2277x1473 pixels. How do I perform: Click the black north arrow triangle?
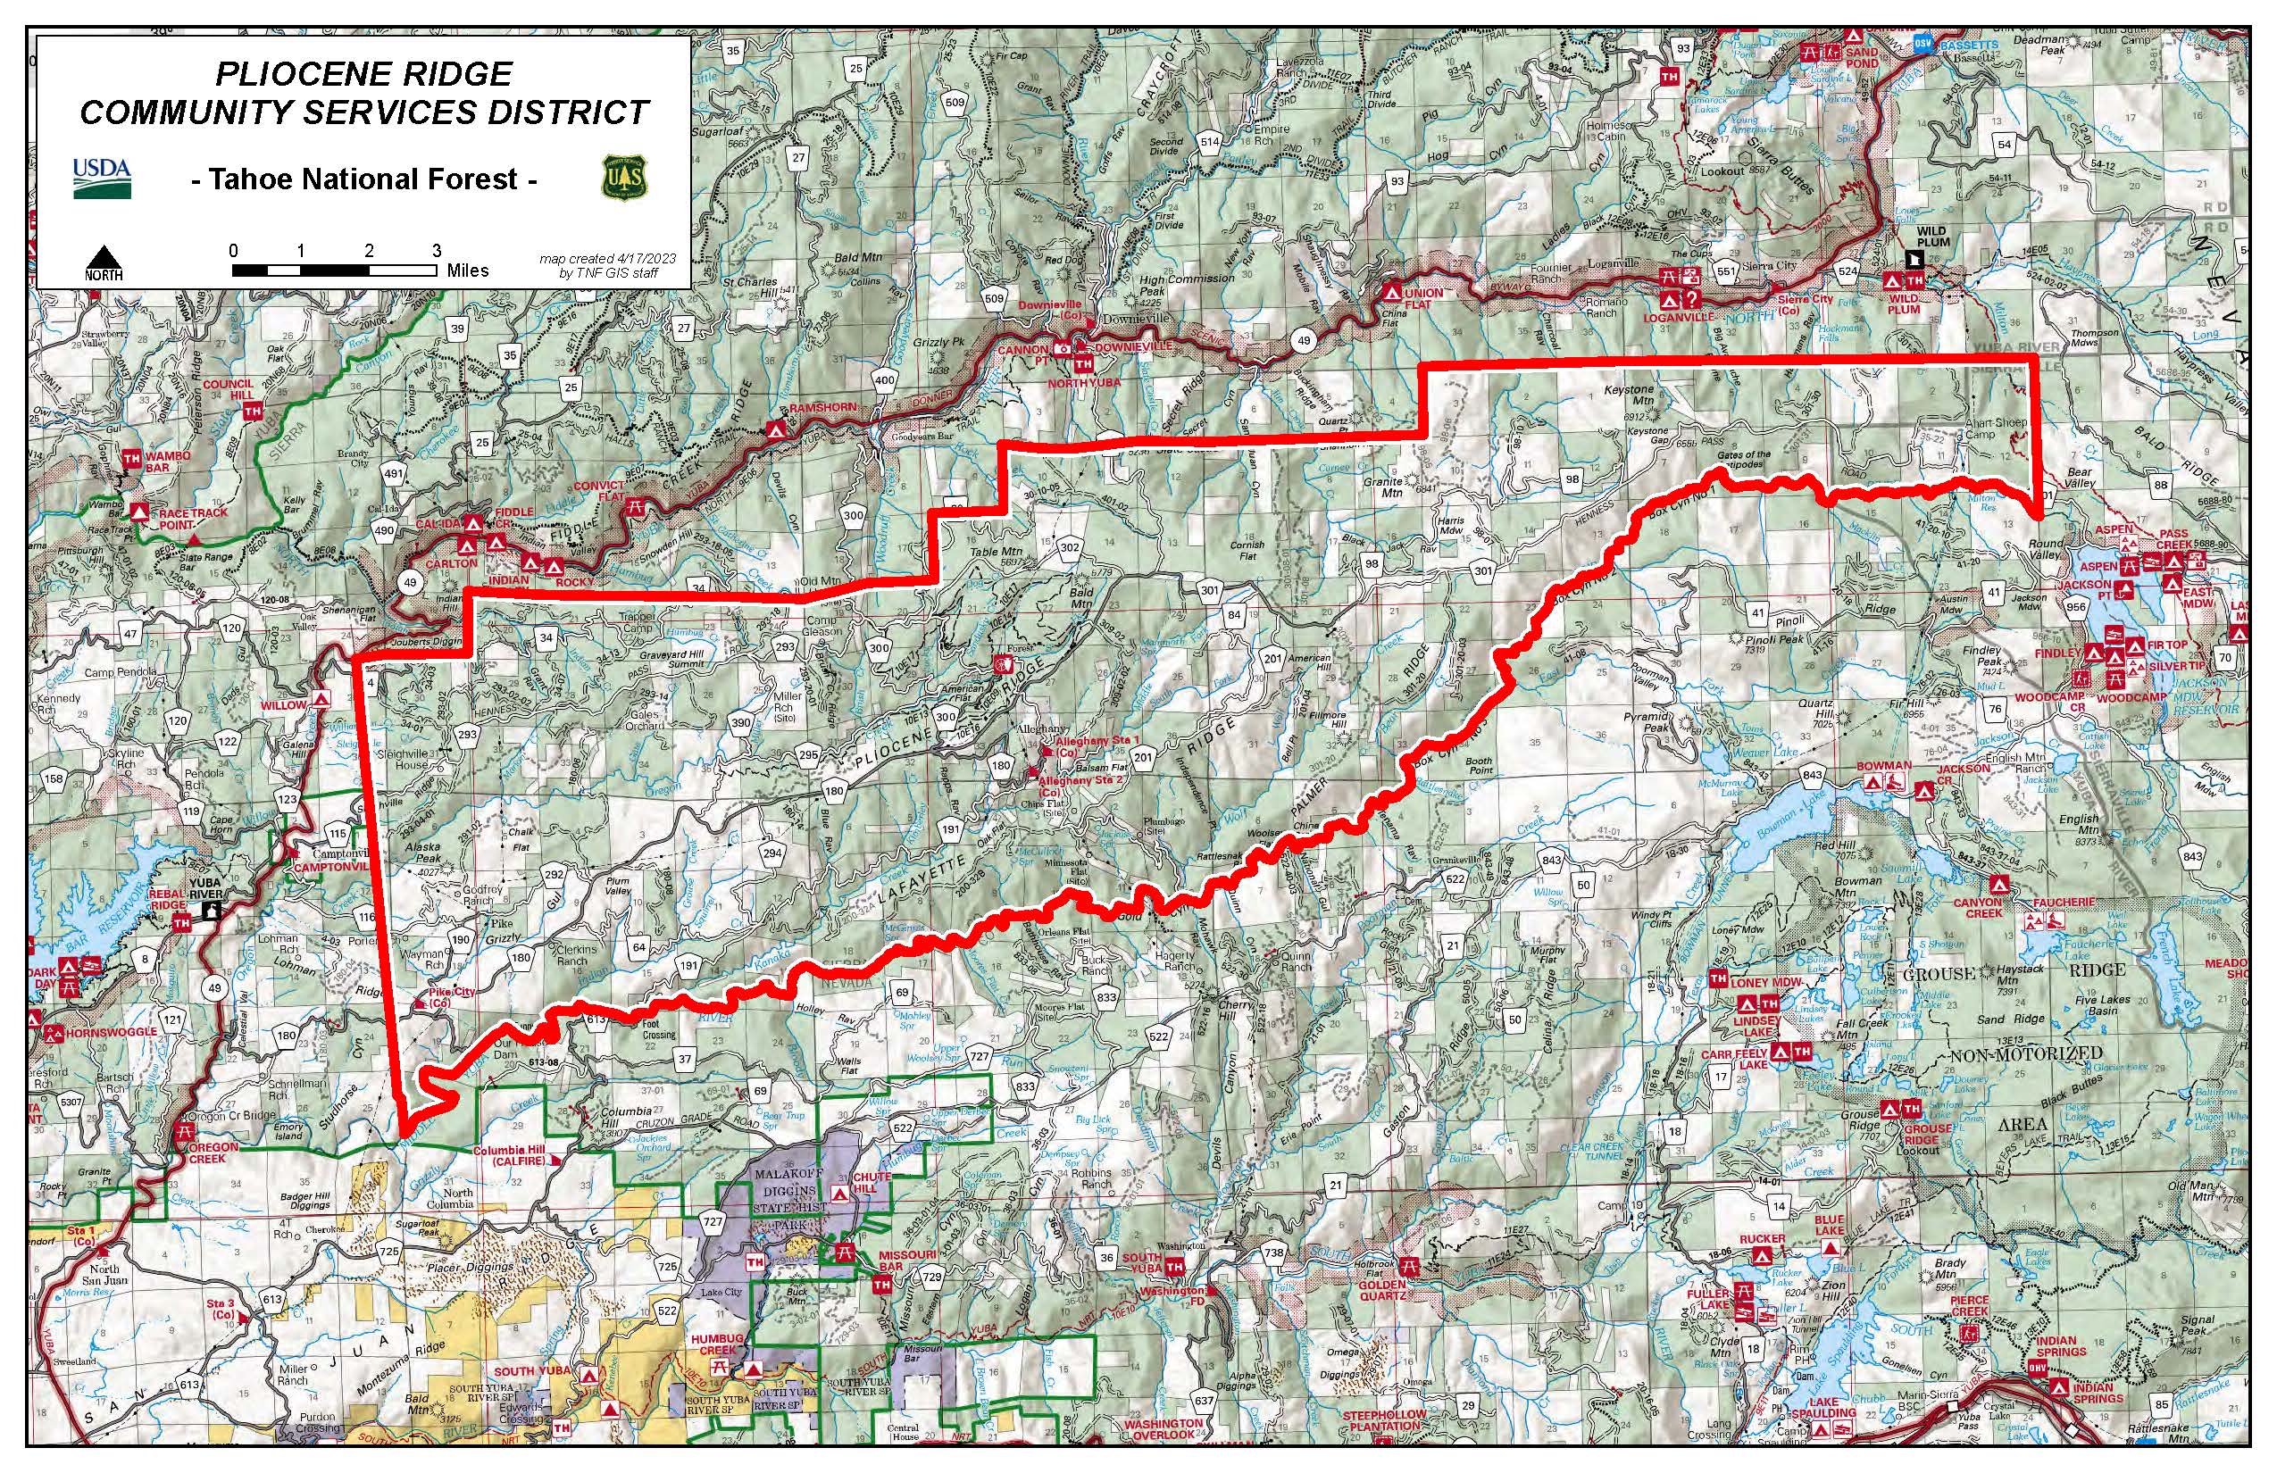point(104,259)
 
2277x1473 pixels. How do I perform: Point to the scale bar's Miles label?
point(468,270)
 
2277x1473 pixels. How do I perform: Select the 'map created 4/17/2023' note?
point(606,258)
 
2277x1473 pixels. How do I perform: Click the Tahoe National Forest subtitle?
point(363,179)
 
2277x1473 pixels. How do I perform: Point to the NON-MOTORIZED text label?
point(2025,1053)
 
